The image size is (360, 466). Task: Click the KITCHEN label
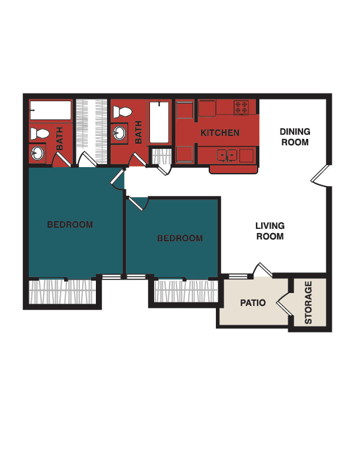tap(220, 132)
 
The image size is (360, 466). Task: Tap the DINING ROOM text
tap(295, 137)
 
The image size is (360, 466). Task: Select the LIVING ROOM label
tap(270, 231)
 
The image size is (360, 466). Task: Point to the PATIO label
tap(253, 303)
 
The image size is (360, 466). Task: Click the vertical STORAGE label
tap(308, 302)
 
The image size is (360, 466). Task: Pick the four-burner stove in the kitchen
tap(241, 107)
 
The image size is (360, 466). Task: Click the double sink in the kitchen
tap(227, 155)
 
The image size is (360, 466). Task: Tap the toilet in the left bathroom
tap(39, 134)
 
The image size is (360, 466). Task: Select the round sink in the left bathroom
tap(38, 154)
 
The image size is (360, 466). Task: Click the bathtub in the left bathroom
tap(51, 110)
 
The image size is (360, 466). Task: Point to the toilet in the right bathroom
tap(122, 112)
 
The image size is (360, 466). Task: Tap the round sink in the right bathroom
tap(119, 132)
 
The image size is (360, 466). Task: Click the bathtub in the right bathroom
tap(159, 122)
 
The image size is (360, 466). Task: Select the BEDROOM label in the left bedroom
tap(70, 224)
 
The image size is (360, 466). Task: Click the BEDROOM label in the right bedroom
tap(180, 238)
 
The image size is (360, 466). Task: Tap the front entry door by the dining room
tap(321, 176)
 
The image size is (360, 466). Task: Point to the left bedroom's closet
tap(62, 292)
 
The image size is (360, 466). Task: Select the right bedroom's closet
tap(186, 291)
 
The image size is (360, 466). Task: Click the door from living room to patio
tap(262, 270)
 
